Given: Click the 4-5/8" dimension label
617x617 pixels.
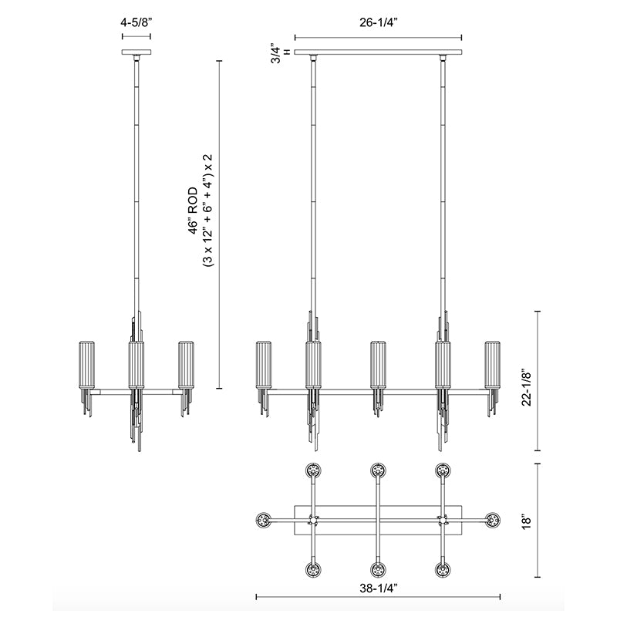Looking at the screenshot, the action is coord(137,22).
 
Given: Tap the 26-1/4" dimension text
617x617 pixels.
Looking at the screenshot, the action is coord(378,22).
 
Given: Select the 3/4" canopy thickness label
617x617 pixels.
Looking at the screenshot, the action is coord(275,52).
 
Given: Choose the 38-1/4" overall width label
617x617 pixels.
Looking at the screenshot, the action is coord(379,588).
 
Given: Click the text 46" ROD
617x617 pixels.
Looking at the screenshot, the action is coord(192,211).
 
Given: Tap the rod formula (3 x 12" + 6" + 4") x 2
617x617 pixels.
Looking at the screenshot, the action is coord(207,211).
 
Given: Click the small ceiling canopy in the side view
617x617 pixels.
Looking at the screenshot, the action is coord(137,52).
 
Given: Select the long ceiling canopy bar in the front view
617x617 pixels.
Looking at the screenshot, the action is coord(378,52).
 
